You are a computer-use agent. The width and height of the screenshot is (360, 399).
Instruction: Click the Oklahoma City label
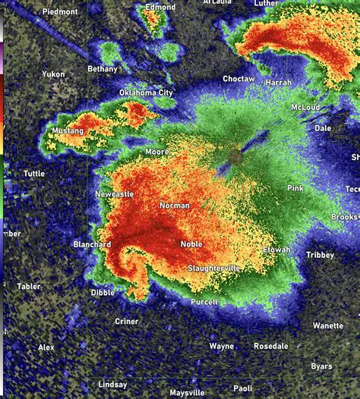tap(146, 93)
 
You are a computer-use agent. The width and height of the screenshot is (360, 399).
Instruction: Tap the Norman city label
tap(175, 206)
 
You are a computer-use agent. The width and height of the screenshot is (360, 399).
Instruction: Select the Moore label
tap(156, 152)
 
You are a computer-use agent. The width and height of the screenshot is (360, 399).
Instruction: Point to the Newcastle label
tap(114, 194)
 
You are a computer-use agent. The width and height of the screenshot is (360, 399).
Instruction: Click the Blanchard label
tap(92, 244)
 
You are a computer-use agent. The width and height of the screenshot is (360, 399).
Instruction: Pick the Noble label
tap(191, 243)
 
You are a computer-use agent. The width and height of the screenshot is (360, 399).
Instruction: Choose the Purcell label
tap(204, 302)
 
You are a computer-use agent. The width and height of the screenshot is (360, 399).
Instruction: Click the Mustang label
tap(67, 131)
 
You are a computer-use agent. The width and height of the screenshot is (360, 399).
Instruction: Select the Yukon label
tap(53, 74)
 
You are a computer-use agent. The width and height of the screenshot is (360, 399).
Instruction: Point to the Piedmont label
tap(60, 12)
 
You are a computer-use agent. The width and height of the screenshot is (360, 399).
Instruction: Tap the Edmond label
tap(160, 8)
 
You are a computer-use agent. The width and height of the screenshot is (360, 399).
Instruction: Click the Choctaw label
tap(238, 79)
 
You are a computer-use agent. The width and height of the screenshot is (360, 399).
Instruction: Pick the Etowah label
tap(276, 250)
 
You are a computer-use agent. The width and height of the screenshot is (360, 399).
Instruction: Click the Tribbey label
tap(320, 256)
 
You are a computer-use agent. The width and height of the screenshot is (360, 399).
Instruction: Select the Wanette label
tap(328, 326)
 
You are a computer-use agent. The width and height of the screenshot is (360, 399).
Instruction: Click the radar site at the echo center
tap(236, 156)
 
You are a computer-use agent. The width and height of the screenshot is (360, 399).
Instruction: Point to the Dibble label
tap(103, 292)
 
